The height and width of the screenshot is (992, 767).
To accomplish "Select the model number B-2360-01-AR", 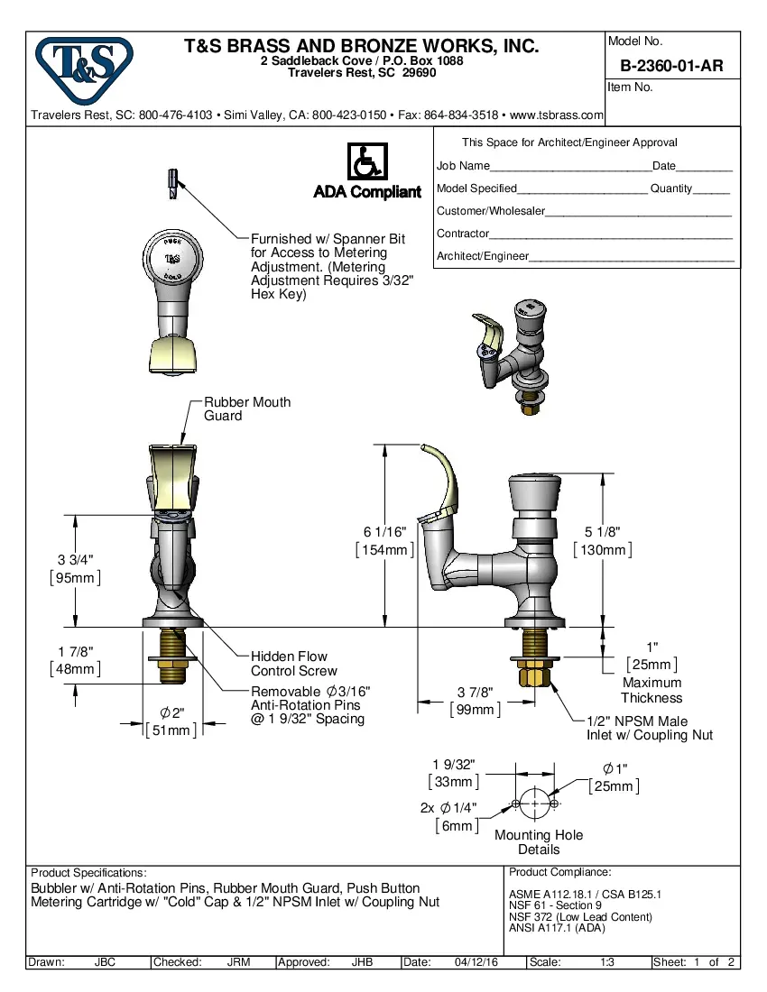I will pyautogui.click(x=671, y=66).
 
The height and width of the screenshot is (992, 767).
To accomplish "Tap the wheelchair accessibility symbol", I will pyautogui.click(x=366, y=162).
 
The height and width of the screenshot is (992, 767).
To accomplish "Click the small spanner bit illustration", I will pyautogui.click(x=171, y=183).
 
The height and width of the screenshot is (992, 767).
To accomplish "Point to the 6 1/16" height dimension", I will pyautogui.click(x=385, y=531).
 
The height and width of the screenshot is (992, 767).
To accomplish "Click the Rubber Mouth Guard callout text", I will pyautogui.click(x=247, y=409).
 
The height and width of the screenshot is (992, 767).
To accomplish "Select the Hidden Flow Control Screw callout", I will pyautogui.click(x=293, y=664).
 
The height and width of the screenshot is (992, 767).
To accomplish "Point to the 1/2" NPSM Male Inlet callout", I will pyautogui.click(x=649, y=728).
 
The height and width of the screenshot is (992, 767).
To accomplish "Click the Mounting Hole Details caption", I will pyautogui.click(x=539, y=841).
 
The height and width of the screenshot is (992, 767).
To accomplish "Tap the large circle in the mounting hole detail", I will pyautogui.click(x=534, y=803).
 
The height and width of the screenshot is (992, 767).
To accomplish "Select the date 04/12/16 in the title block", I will pyautogui.click(x=476, y=962).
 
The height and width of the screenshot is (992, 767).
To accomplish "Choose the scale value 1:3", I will pyautogui.click(x=607, y=962).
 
